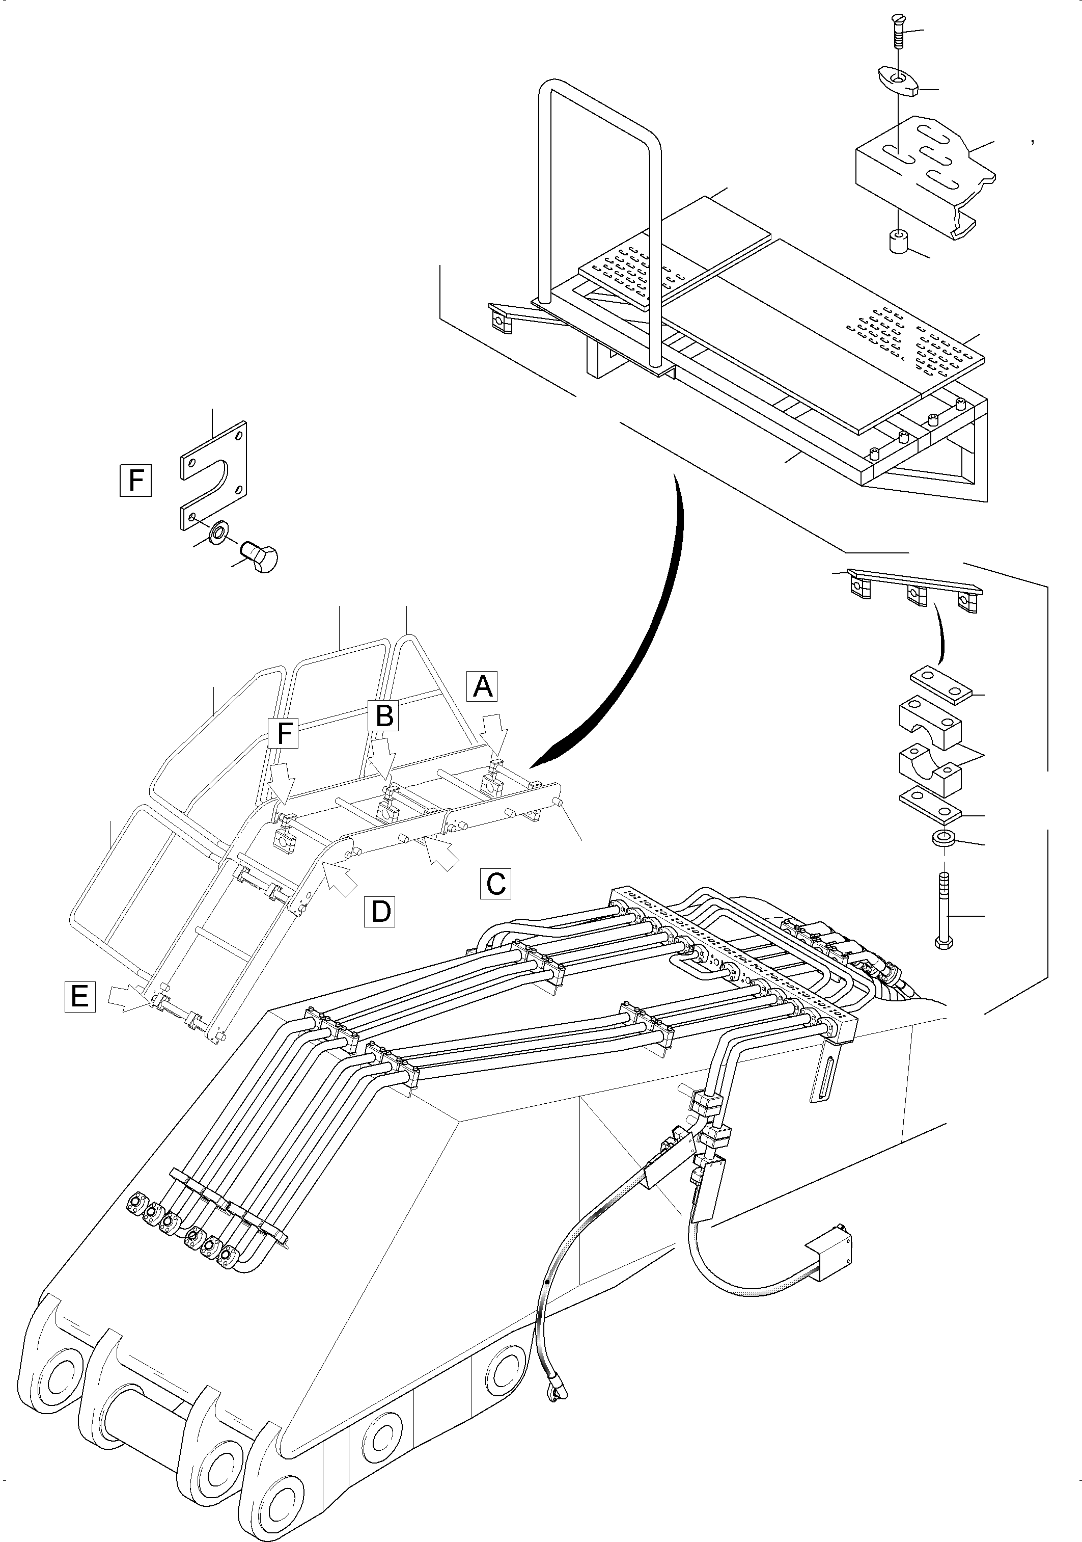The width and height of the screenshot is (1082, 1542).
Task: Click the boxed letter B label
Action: click(384, 715)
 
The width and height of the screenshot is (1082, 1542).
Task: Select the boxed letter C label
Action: click(496, 883)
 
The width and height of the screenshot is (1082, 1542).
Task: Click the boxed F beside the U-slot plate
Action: click(135, 480)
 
